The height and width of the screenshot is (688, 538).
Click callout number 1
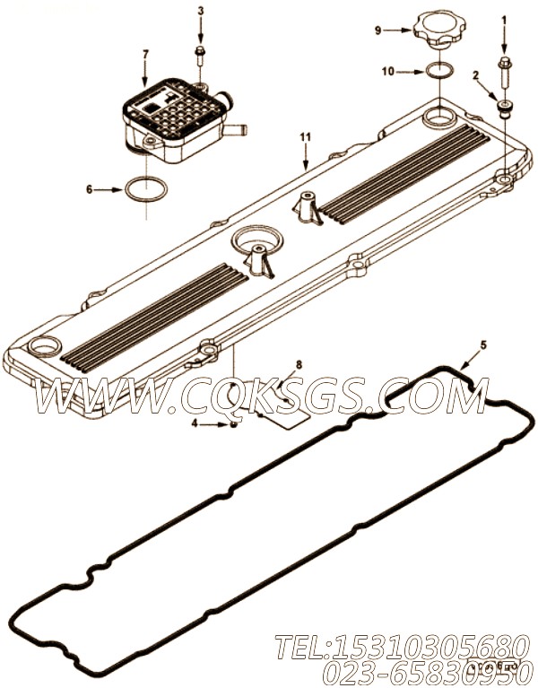pyautogui.click(x=504, y=19)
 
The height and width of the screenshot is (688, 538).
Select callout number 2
pyautogui.click(x=475, y=76)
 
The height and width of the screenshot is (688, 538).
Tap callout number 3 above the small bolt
pyautogui.click(x=200, y=11)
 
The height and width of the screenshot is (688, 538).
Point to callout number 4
pyautogui.click(x=194, y=423)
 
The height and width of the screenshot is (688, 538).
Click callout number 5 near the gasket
pyautogui.click(x=483, y=344)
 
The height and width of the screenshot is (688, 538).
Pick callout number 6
pyautogui.click(x=89, y=189)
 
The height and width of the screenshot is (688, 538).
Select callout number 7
pyautogui.click(x=145, y=55)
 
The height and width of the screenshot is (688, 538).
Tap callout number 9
pyautogui.click(x=378, y=30)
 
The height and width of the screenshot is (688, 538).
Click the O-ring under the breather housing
pyautogui.click(x=143, y=189)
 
